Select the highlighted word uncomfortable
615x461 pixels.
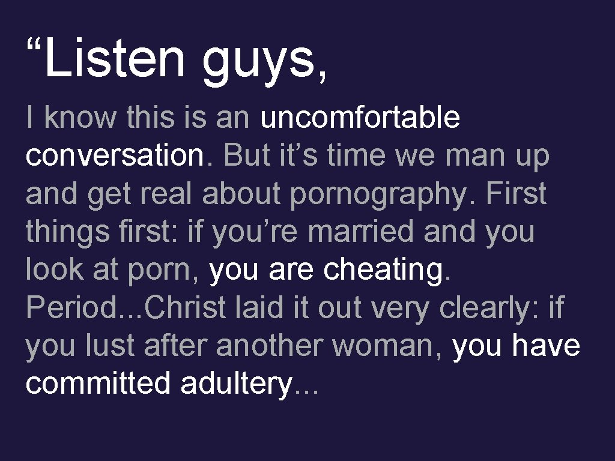(x=360, y=118)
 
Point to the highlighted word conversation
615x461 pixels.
(x=115, y=155)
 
